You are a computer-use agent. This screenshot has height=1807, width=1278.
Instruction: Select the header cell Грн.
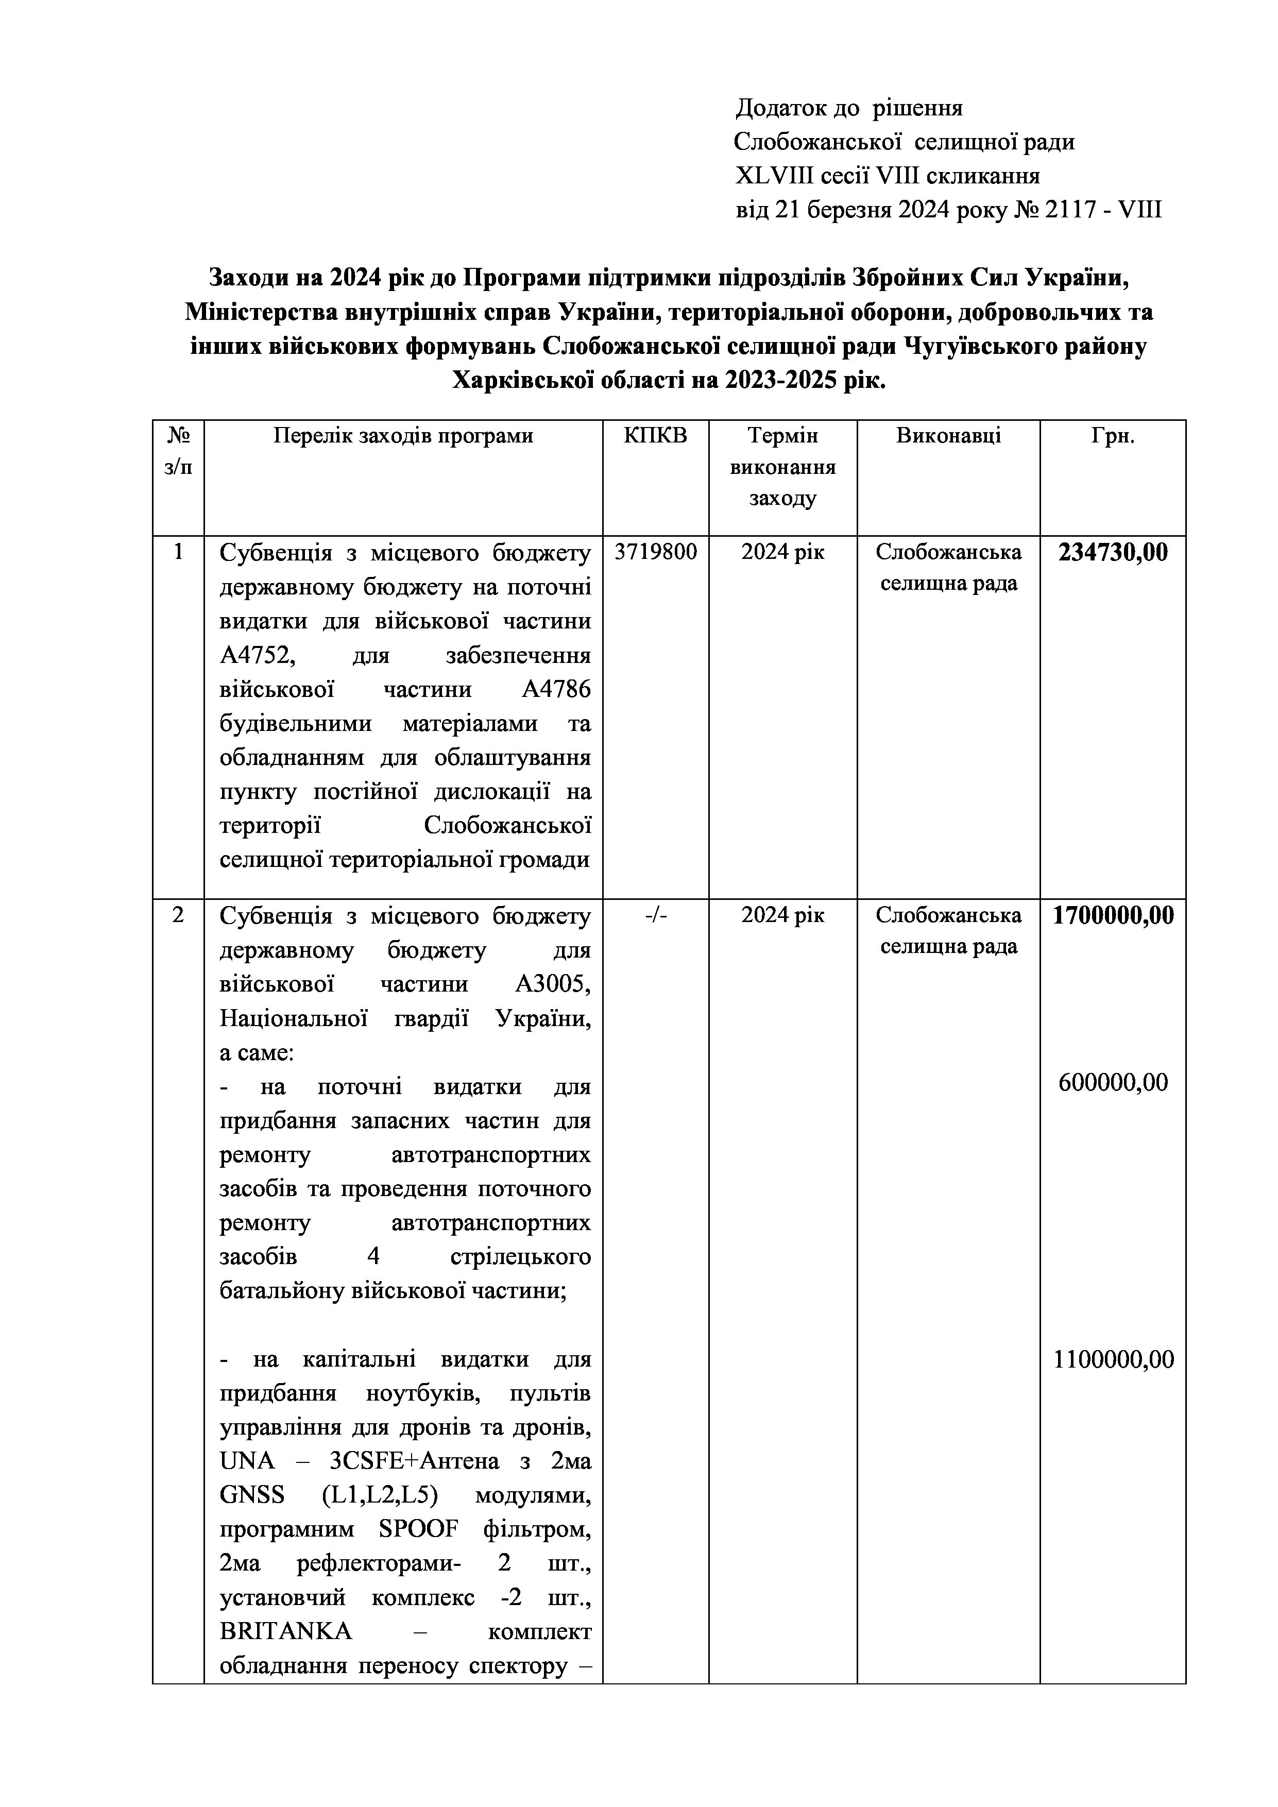point(1112,436)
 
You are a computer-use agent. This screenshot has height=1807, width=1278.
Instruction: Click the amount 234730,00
point(1112,553)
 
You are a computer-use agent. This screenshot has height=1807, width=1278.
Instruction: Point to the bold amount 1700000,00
point(1113,915)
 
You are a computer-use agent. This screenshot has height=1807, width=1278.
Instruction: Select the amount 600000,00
point(1112,1082)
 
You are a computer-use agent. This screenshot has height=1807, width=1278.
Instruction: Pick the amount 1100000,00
point(1113,1359)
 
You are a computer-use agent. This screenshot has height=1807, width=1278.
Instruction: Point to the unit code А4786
point(556,689)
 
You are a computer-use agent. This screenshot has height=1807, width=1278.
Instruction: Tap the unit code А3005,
point(552,984)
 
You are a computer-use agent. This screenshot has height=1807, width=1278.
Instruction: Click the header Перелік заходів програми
point(403,436)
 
